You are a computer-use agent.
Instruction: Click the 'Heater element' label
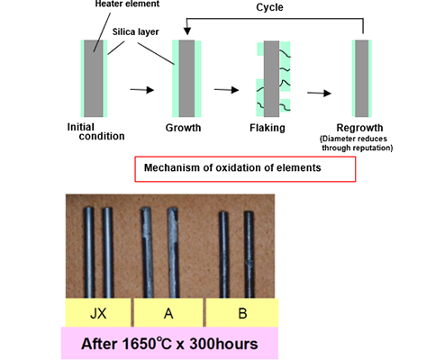point(127,4)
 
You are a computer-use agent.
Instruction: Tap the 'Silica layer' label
point(135,31)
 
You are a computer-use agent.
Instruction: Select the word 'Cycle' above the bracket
point(269,7)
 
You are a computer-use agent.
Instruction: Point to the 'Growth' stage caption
point(183,128)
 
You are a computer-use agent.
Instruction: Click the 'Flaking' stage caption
point(268,128)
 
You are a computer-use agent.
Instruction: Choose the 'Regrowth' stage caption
point(359,128)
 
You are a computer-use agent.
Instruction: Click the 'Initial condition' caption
point(95,131)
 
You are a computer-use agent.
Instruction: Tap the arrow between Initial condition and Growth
point(142,90)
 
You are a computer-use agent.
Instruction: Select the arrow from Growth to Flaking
point(226,90)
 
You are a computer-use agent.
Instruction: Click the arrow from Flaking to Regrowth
point(319,93)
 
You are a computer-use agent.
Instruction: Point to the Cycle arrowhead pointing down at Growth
point(187,31)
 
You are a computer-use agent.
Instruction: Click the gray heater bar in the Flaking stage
point(271,78)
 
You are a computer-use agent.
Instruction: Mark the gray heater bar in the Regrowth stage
point(362,78)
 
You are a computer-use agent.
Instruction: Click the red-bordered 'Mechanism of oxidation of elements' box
point(245,169)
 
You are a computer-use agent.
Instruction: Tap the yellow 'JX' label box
point(98,312)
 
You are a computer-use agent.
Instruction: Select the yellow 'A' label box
point(168,312)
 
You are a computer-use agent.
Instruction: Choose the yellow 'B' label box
point(242,312)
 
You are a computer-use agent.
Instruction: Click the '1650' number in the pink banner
point(139,344)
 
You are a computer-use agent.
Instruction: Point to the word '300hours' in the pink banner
point(223,344)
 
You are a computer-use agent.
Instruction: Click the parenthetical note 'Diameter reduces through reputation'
point(357,143)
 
